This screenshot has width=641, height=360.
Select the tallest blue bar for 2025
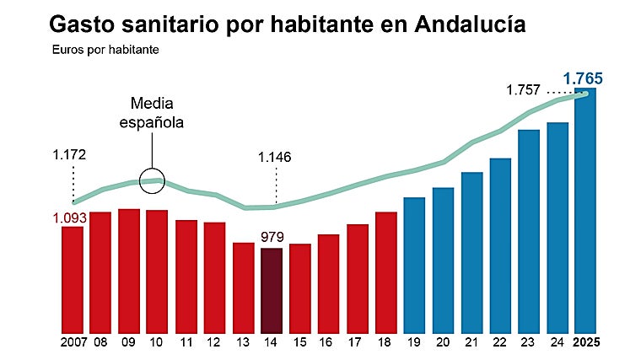point(586,211)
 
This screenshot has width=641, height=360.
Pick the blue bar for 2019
point(414,265)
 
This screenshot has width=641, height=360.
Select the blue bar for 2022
point(500,244)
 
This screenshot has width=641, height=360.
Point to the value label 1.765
point(583,79)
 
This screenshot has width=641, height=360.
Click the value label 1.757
point(524,90)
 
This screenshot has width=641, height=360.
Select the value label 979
point(272,237)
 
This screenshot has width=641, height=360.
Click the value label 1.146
point(276,157)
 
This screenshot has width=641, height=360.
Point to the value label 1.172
point(70,155)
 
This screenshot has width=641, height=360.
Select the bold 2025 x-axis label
point(586,343)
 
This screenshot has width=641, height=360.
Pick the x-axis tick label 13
point(243,343)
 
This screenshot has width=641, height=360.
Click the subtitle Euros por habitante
point(105,49)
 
